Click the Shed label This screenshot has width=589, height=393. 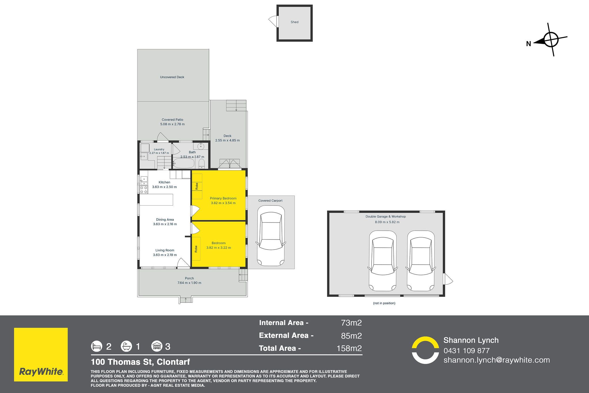point(294,22)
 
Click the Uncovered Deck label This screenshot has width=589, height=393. point(172,77)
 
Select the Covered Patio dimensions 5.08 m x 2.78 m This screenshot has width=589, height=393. point(172,124)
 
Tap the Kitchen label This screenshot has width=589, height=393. point(164,182)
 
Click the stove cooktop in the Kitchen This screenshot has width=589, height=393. point(144,189)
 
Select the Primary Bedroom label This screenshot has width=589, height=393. point(223,198)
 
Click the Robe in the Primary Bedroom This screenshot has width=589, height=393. point(197,186)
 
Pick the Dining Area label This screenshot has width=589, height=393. point(165,220)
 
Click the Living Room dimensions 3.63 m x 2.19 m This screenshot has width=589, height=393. point(165,255)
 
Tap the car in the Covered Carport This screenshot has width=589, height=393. point(270,239)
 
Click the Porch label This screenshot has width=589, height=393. point(189,278)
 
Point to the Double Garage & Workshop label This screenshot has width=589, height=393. point(386,217)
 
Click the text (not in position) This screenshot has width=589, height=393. point(384,303)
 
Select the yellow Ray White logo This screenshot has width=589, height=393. point(41,355)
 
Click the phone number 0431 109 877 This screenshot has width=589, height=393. point(466,351)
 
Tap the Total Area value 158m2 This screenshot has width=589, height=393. point(349,348)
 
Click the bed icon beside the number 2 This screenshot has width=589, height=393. point(97,346)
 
